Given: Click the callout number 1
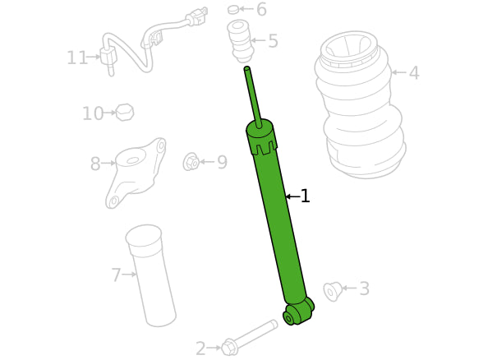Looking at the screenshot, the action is (x=305, y=196).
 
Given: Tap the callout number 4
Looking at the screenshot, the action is (x=414, y=72).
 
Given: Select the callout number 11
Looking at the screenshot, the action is (x=77, y=58).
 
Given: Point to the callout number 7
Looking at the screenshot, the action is (x=117, y=275).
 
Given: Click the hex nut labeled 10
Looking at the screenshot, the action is (x=125, y=113).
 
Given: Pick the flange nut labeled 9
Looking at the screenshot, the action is (x=191, y=162).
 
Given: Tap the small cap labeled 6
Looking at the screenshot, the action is (x=233, y=10).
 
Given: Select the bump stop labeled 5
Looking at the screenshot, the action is (x=239, y=41).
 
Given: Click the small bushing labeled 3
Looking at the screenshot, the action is (x=332, y=291).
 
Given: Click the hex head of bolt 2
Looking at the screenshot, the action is (x=228, y=347).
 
